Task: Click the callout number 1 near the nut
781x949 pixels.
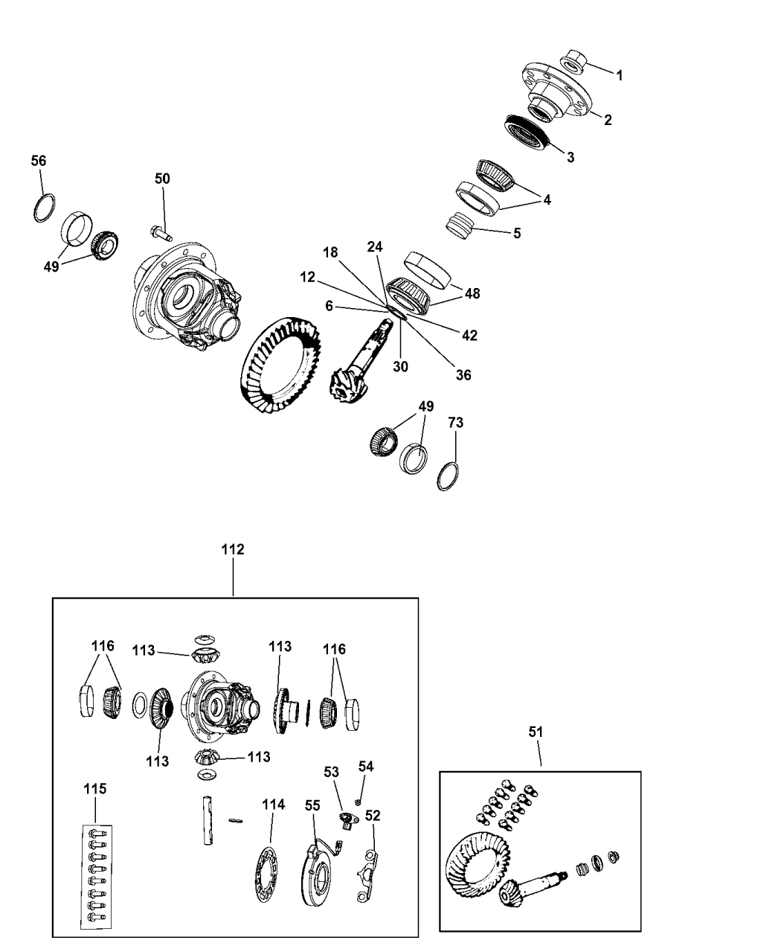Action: pos(620,75)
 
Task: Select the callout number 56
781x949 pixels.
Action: pos(38,161)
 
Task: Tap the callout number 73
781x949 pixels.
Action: pos(455,423)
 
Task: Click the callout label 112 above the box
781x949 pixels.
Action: pos(233,550)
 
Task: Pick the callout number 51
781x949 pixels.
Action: pos(536,732)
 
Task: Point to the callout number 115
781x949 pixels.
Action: pos(94,788)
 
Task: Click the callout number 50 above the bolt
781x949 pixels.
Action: pos(162,179)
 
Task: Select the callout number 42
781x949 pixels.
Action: pos(469,335)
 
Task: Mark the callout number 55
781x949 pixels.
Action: pos(312,805)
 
